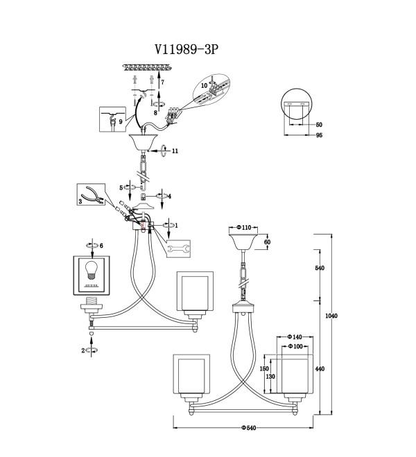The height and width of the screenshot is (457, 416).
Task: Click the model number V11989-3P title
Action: [187, 50]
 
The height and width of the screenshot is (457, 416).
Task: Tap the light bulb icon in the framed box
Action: [92, 271]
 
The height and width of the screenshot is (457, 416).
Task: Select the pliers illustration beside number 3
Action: [92, 194]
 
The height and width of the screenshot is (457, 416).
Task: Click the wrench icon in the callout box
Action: [179, 249]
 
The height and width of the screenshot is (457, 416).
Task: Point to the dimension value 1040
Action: [331, 316]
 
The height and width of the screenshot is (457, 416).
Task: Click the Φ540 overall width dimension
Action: [249, 427]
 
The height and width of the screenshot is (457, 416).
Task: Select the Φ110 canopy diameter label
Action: [244, 227]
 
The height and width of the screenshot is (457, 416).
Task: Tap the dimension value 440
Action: [320, 368]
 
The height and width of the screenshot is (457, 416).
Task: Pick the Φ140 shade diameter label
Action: [295, 337]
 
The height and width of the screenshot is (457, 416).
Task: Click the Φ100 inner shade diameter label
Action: [295, 346]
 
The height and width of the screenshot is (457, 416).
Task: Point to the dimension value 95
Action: [319, 135]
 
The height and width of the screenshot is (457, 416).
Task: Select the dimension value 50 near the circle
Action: [319, 125]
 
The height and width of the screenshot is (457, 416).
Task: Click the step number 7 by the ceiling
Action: [163, 82]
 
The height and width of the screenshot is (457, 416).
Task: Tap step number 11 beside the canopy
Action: [175, 151]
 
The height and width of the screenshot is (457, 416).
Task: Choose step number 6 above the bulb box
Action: [101, 246]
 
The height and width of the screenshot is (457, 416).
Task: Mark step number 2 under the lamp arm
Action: [83, 350]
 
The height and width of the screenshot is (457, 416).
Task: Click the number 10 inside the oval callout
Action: [204, 85]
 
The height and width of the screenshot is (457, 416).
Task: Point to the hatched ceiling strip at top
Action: [148, 68]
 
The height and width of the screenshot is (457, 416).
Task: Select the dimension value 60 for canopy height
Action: [267, 242]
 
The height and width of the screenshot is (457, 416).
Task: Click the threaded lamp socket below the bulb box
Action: [92, 305]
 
